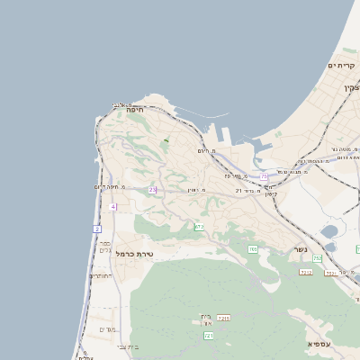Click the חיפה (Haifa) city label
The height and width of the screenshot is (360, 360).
135,109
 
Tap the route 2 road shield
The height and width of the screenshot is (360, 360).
96,229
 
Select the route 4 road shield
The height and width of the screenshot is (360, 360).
112,207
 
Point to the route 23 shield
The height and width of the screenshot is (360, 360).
152,190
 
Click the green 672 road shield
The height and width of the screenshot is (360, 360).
199,227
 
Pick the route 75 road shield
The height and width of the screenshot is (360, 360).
264,176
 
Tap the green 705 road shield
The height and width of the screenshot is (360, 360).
253,248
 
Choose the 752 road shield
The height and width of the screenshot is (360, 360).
317,258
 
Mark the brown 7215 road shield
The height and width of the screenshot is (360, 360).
224,318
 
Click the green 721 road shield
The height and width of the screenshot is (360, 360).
209,335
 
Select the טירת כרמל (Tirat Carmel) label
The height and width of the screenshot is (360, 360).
136,254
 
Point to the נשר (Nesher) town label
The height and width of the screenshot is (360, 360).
301,249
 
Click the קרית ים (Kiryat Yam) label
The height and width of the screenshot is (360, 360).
342,65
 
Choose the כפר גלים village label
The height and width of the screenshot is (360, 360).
104,246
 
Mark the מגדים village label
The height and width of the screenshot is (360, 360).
108,328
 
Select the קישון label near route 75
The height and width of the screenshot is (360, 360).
268,194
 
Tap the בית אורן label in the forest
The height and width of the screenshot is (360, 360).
206,319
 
